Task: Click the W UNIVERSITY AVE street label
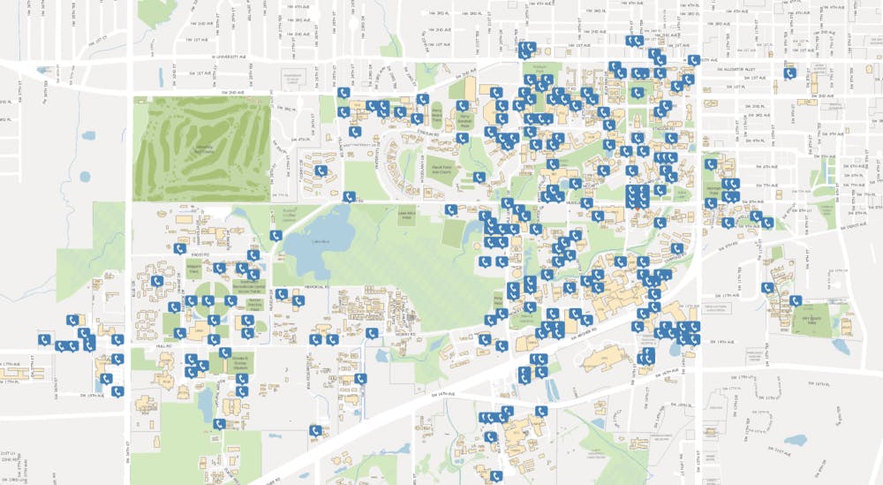click(197, 59)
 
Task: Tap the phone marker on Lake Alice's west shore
click(276, 236)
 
